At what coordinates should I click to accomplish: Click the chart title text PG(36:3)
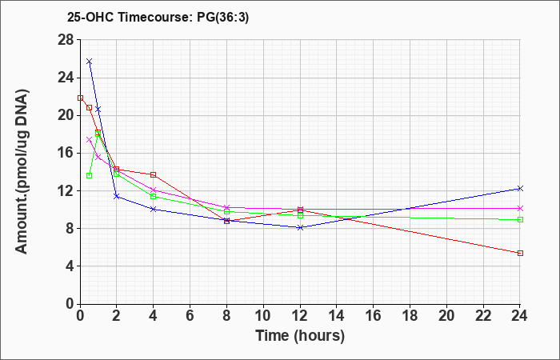pyautogui.click(x=223, y=17)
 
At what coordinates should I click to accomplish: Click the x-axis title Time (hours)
pyautogui.click(x=300, y=336)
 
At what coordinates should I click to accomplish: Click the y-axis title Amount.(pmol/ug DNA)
pyautogui.click(x=22, y=171)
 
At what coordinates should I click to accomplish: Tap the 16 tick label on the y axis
pyautogui.click(x=66, y=154)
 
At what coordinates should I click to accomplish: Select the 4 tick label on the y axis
pyautogui.click(x=70, y=266)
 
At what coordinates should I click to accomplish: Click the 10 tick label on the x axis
pyautogui.click(x=263, y=316)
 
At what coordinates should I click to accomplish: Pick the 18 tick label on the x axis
pyautogui.click(x=410, y=316)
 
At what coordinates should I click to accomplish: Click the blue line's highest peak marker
pyautogui.click(x=90, y=62)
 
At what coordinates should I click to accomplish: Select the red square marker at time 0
pyautogui.click(x=80, y=98)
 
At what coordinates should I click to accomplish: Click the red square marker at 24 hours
pyautogui.click(x=520, y=254)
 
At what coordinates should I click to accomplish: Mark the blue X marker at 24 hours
pyautogui.click(x=520, y=188)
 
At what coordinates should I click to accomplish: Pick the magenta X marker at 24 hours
pyautogui.click(x=520, y=208)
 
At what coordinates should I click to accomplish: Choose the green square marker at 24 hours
pyautogui.click(x=520, y=220)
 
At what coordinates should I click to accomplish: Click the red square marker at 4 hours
pyautogui.click(x=154, y=174)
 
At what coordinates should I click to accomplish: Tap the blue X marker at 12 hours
pyautogui.click(x=300, y=227)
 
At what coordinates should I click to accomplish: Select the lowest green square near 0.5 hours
pyautogui.click(x=90, y=176)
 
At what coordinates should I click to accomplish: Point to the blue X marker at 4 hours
pyautogui.click(x=154, y=209)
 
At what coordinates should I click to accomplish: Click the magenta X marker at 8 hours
pyautogui.click(x=226, y=207)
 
